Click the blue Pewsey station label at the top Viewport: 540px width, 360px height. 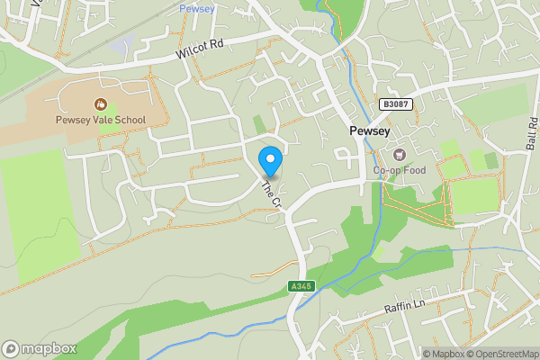(x=196, y=8)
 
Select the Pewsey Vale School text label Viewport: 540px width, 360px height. (x=101, y=120)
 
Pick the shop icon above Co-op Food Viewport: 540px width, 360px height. (x=399, y=155)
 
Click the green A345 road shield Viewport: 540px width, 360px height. (x=301, y=286)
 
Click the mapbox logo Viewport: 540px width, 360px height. (x=40, y=348)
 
